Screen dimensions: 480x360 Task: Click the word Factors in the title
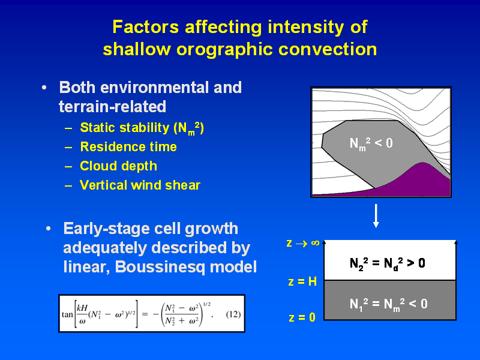coord(146,27)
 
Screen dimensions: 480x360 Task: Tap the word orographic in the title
coord(224,50)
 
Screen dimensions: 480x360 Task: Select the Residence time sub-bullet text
coord(128,147)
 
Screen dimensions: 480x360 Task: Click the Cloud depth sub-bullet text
coord(118,166)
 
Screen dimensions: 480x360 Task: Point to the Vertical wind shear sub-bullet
coord(140,185)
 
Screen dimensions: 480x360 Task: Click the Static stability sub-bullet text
coord(142,128)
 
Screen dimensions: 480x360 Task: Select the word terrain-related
coord(112,107)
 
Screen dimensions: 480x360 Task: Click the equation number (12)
coord(233,314)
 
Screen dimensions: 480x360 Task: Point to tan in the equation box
coord(67,314)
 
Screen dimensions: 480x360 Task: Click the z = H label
coord(302,281)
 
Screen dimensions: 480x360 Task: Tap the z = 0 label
coord(302,317)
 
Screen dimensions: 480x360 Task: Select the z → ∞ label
coord(303,243)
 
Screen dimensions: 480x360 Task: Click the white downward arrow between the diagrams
coord(376,216)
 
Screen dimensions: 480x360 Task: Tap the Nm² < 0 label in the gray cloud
coord(371,143)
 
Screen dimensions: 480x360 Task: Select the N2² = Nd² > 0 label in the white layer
coord(387,263)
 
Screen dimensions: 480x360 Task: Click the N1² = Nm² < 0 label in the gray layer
coord(388,304)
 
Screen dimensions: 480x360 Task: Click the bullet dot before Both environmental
coord(44,88)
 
